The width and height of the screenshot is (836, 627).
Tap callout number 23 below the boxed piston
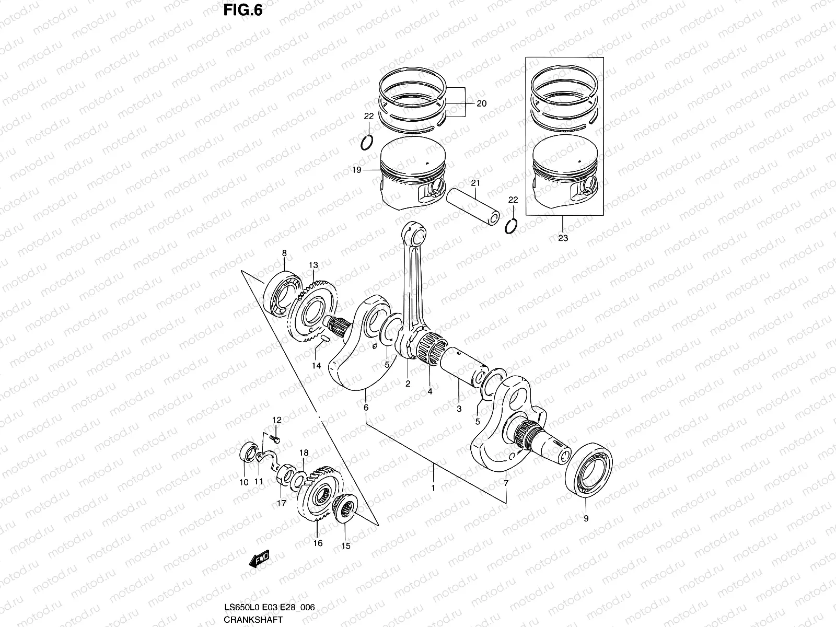pyautogui.click(x=563, y=238)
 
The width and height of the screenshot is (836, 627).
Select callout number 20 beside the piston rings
pyautogui.click(x=481, y=103)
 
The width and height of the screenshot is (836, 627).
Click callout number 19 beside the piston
pyautogui.click(x=356, y=170)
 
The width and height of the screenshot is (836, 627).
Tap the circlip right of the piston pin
pyautogui.click(x=512, y=226)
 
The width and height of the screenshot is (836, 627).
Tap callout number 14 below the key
pyautogui.click(x=316, y=366)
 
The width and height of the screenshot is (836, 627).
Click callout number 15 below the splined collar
pyautogui.click(x=345, y=546)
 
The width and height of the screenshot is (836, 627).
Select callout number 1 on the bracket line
pyautogui.click(x=433, y=487)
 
